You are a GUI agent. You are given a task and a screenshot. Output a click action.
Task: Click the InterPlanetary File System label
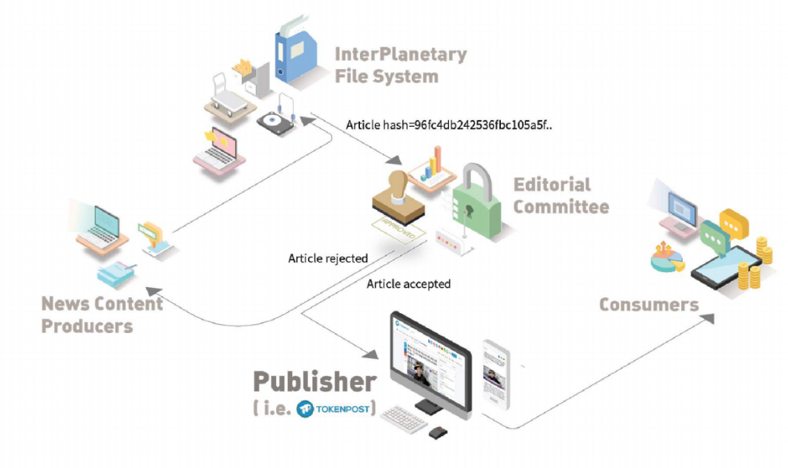click(x=400, y=65)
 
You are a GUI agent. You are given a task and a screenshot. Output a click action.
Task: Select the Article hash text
click(x=450, y=125)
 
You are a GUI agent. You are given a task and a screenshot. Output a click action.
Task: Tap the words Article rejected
click(x=328, y=259)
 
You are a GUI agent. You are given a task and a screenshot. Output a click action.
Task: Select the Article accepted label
click(x=408, y=284)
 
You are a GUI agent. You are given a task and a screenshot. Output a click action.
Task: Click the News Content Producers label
click(x=102, y=314)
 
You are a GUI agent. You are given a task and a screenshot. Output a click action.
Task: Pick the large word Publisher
click(x=314, y=381)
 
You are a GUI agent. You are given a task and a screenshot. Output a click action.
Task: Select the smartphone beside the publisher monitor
click(x=496, y=374)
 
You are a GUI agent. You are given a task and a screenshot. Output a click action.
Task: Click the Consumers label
click(x=649, y=305)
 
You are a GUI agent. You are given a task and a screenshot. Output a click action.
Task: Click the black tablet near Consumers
click(x=723, y=267)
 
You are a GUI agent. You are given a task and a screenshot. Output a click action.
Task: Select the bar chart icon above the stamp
click(x=434, y=164)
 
